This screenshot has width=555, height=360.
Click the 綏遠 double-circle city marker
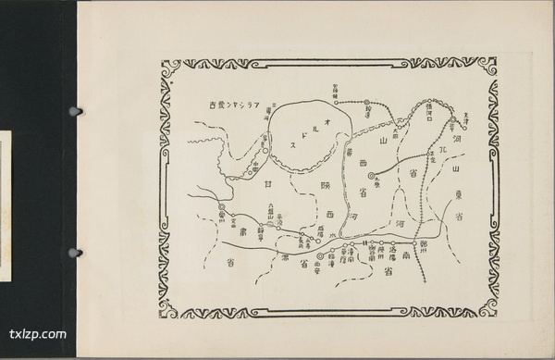tap(365, 103)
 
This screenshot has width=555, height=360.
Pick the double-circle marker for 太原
tap(374, 174)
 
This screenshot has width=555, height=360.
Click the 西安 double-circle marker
tap(321, 254)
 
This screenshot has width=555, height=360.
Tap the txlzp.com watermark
tap(37, 334)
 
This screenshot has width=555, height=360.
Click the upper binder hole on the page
tap(75, 112)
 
